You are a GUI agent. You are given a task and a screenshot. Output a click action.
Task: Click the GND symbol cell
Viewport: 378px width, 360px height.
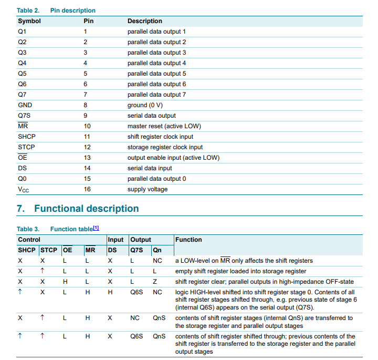pyautogui.click(x=25, y=105)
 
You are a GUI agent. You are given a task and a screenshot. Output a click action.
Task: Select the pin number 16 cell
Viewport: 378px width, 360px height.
pyautogui.click(x=87, y=189)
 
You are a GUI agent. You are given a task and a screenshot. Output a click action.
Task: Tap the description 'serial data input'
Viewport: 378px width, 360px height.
pyautogui.click(x=150, y=168)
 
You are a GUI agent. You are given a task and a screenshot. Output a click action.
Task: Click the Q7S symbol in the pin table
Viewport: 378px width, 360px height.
pyautogui.click(x=25, y=116)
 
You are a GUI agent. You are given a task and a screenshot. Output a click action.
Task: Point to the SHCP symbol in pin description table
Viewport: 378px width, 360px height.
pyautogui.click(x=26, y=137)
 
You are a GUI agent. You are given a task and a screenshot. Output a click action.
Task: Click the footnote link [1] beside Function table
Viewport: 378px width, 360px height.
pyautogui.click(x=96, y=228)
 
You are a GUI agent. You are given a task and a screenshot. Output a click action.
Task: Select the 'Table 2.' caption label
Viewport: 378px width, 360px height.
pyautogui.click(x=28, y=11)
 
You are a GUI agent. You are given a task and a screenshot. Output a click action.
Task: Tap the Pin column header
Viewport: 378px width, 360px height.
pyautogui.click(x=89, y=21)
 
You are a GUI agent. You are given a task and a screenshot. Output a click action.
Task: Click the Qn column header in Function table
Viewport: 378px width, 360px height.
pyautogui.click(x=157, y=250)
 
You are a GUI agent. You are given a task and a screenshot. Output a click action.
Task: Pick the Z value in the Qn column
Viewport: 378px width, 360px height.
pyautogui.click(x=155, y=282)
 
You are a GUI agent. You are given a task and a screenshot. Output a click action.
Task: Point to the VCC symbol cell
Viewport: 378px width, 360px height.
pyautogui.click(x=24, y=189)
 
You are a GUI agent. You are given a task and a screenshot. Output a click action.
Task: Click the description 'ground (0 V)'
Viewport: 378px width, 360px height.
pyautogui.click(x=149, y=105)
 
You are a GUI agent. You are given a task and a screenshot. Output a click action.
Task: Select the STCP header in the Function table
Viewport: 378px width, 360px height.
pyautogui.click(x=49, y=250)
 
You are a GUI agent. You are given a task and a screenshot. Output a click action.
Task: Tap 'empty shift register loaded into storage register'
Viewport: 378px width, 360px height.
pyautogui.click(x=240, y=271)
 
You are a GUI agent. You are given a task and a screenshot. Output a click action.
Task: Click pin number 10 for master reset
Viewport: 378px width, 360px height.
pyautogui.click(x=87, y=126)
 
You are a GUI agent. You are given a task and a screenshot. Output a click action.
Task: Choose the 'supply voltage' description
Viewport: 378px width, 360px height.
pyautogui.click(x=148, y=189)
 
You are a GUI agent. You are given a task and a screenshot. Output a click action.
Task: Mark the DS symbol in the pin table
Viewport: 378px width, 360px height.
pyautogui.click(x=22, y=168)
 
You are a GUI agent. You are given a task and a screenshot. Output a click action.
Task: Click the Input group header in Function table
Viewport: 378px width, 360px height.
pyautogui.click(x=115, y=240)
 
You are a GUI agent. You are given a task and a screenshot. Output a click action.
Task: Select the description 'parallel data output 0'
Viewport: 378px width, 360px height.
pyautogui.click(x=156, y=179)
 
